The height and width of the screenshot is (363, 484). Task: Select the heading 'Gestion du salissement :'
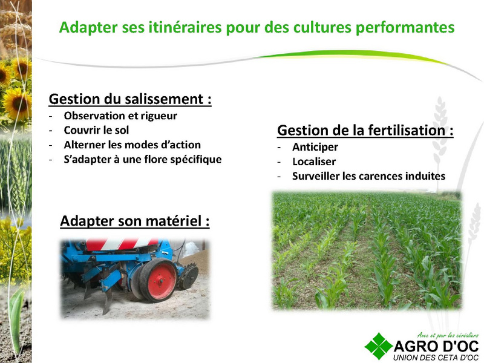click(130, 99)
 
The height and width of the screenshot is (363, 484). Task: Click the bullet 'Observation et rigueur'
click(120, 116)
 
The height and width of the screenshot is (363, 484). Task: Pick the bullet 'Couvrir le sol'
click(96, 130)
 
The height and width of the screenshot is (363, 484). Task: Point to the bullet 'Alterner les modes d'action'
click(132, 145)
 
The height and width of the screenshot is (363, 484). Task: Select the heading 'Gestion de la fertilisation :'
click(365, 130)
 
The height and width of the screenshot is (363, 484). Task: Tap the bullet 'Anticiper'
click(315, 147)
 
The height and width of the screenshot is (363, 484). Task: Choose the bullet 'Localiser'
click(314, 162)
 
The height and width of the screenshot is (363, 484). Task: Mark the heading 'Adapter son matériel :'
click(135, 221)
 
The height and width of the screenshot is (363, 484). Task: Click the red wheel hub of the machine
click(160, 281)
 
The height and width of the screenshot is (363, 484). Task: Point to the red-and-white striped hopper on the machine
click(122, 244)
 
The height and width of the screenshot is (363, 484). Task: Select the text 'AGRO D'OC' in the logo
click(436, 346)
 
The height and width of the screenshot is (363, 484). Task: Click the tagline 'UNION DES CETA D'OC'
click(436, 358)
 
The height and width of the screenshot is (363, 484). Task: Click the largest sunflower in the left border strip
click(16, 104)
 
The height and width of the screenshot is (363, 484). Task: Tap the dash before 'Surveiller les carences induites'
click(279, 177)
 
